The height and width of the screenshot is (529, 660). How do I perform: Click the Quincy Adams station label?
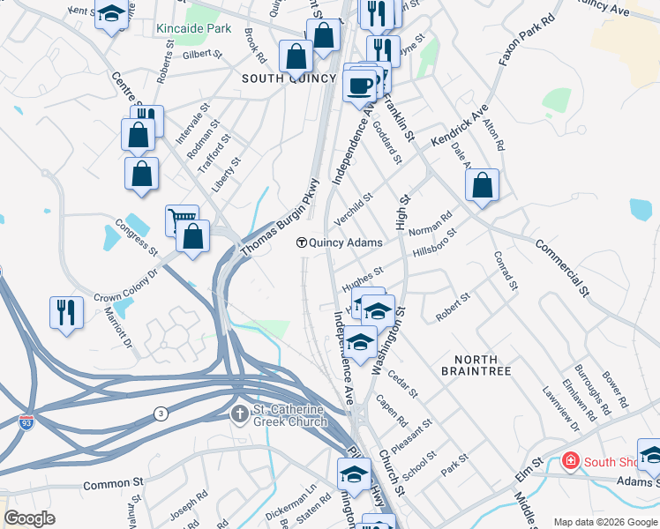(346, 242)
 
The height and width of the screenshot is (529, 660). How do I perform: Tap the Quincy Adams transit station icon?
(301, 242)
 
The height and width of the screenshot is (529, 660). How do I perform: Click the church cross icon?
(240, 413)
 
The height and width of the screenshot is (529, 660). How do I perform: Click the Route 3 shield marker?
(161, 414)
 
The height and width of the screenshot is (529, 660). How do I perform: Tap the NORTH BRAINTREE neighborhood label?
(483, 365)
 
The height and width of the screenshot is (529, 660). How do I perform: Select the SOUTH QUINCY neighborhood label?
(289, 78)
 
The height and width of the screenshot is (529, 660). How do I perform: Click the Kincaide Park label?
(193, 28)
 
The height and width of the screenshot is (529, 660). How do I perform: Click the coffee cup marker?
(360, 86)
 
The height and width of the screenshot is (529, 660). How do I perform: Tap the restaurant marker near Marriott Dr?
(66, 312)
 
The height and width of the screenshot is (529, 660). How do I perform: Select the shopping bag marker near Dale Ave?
(482, 185)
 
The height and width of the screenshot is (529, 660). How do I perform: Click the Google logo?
(30, 519)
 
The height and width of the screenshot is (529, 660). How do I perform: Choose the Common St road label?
(113, 484)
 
